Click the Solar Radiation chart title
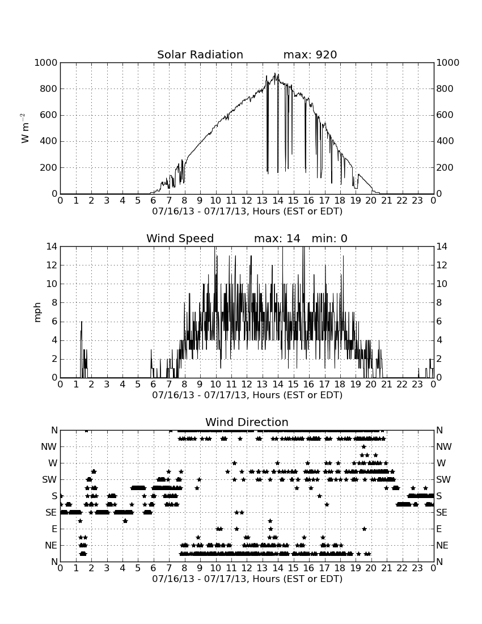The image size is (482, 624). [x=200, y=54]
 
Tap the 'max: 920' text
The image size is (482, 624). [x=310, y=54]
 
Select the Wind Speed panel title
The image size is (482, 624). [x=180, y=238]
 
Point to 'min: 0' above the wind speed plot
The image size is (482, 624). [x=329, y=238]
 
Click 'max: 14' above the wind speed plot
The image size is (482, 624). [x=277, y=238]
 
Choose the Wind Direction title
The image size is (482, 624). [x=247, y=422]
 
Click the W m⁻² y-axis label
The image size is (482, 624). [x=24, y=128]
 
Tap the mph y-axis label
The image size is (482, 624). [x=37, y=313]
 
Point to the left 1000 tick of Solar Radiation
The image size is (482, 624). [x=46, y=62]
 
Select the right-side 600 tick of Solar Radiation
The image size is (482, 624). [x=445, y=115]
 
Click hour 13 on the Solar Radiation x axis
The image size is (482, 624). [x=262, y=201]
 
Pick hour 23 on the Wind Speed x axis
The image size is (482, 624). [x=417, y=385]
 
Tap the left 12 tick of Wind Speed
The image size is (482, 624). [x=52, y=265]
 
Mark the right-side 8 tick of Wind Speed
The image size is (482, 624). [x=439, y=303]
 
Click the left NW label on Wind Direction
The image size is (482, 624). [x=49, y=447]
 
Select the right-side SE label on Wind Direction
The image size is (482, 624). [x=442, y=513]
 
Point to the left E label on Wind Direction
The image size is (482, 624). [x=54, y=529]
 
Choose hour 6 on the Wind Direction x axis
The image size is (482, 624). [x=154, y=568]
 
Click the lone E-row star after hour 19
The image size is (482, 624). [x=364, y=529]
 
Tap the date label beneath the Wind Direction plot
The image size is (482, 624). [x=247, y=579]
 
